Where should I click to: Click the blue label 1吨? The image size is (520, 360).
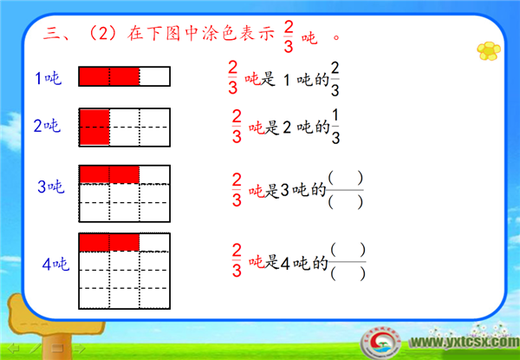pos(49,78)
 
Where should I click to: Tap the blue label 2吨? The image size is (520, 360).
pos(47,126)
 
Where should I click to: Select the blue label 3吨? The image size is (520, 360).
pos(51,187)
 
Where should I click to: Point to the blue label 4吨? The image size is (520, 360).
pos(55,265)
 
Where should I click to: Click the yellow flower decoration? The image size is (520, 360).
pos(489,51)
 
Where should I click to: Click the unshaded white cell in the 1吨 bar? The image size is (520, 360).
pos(154,76)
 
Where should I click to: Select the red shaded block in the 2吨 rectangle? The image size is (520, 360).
pos(94,127)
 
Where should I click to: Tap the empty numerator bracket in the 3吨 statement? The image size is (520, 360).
pos(345,179)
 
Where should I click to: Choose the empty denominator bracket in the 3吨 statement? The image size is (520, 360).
pos(345,202)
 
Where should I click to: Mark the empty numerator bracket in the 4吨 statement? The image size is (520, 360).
pos(348,250)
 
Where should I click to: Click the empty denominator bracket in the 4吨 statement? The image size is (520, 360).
pos(348,274)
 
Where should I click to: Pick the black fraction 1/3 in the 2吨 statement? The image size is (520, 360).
pos(335,127)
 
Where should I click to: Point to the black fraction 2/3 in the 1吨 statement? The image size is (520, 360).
pos(335,79)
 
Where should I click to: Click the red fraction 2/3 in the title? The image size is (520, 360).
pos(289,37)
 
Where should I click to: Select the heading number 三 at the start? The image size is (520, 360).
pos(51,34)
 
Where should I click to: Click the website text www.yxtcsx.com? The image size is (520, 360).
pos(465,342)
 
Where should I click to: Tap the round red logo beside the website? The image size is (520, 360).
pos(380,343)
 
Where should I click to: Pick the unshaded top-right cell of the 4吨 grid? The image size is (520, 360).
pos(154,243)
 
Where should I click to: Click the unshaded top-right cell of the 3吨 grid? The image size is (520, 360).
pos(154,175)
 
